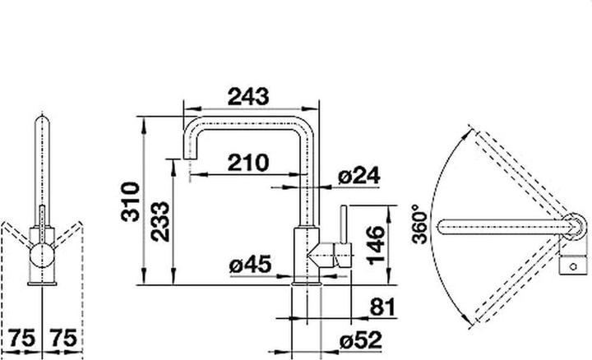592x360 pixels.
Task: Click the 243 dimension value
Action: [x=248, y=97]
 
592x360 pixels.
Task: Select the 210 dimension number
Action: [x=248, y=163]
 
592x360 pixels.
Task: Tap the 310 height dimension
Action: [x=131, y=201]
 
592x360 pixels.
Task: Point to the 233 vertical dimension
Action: [x=160, y=222]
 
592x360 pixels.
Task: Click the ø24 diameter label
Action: [x=358, y=176]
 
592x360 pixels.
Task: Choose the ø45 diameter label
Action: [x=250, y=264]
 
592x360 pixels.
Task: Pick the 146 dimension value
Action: [x=376, y=245]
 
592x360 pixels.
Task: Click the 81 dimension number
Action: [x=382, y=307]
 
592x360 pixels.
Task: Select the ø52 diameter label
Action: [x=361, y=341]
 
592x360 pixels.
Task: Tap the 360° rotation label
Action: [x=420, y=224]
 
